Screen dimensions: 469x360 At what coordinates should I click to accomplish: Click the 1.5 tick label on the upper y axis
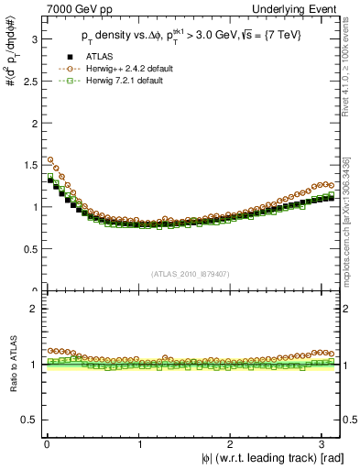29,165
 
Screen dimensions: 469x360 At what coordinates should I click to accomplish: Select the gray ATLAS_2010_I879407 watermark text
191,273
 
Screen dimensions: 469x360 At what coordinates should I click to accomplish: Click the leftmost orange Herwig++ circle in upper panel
49,159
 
